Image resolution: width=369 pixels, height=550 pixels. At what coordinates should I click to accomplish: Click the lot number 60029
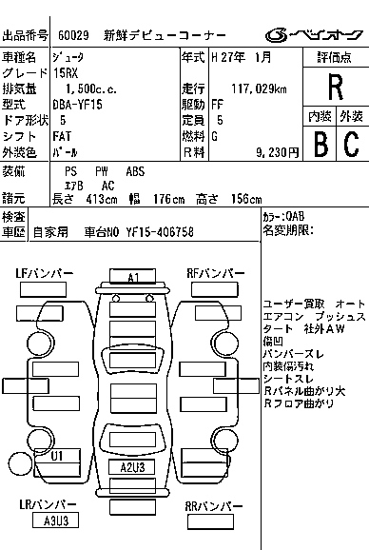(x=72, y=35)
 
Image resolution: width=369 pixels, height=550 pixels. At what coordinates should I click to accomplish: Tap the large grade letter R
(x=335, y=87)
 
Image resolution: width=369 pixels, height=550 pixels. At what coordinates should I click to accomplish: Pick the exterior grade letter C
(x=350, y=143)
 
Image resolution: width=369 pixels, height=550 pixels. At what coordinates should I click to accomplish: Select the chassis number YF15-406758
(x=152, y=231)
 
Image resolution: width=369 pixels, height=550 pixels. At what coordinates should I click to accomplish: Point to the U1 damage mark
(x=57, y=456)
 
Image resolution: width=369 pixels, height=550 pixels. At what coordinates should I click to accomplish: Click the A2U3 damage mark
(x=132, y=467)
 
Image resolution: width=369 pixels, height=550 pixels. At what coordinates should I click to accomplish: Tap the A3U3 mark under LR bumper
(x=55, y=521)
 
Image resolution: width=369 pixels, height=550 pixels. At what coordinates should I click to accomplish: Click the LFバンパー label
(x=44, y=273)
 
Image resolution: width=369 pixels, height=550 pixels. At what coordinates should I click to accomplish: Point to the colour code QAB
(x=294, y=216)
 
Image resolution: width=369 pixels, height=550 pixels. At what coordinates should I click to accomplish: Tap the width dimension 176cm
(x=167, y=199)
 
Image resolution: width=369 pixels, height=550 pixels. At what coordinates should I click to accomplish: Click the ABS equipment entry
(x=136, y=170)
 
